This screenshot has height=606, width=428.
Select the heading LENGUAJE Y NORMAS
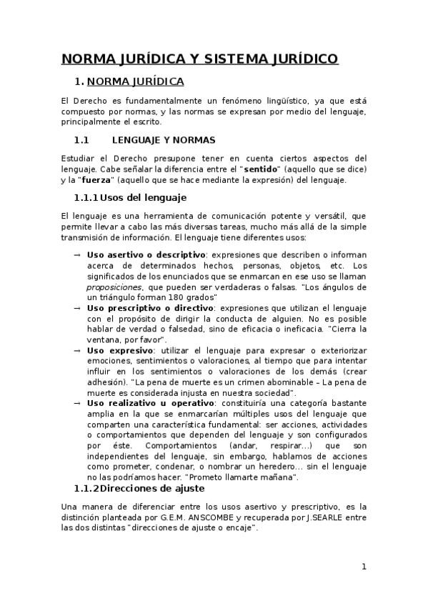[x=164, y=140]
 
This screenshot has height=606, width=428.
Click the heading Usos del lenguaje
[x=143, y=197]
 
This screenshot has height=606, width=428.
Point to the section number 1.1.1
[x=86, y=197]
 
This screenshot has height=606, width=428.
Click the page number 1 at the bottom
[x=364, y=567]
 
